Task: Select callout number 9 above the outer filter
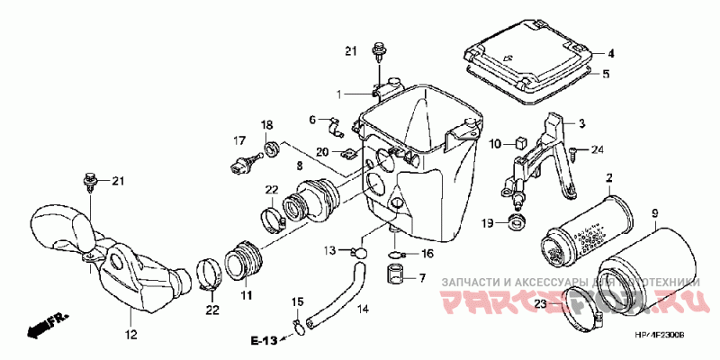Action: point(654,214)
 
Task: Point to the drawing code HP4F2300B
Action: point(661,334)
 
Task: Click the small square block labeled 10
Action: point(520,142)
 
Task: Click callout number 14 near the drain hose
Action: point(363,310)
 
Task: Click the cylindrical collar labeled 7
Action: point(392,273)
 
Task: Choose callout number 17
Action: point(240,140)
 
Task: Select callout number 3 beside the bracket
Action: point(581,123)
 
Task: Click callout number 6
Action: point(313,120)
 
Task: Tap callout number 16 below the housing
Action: point(427,255)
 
